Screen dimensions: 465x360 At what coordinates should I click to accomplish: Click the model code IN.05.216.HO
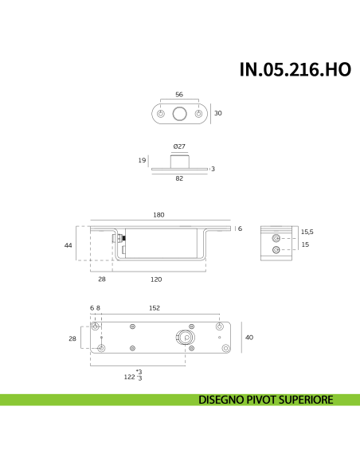point(295,70)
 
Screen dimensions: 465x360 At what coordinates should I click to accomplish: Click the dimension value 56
point(179,93)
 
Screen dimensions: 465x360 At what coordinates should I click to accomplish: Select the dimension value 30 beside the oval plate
point(217,113)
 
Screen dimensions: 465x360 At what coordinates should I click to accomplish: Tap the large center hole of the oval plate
point(179,114)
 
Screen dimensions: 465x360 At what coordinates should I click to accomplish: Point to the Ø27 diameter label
point(179,147)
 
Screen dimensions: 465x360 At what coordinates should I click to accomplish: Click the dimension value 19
point(142,160)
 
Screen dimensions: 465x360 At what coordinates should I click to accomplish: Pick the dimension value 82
point(179,179)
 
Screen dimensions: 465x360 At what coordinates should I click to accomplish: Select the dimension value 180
point(158,214)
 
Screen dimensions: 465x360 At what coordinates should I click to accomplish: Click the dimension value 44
point(68,246)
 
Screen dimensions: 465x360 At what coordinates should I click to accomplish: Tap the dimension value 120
point(156,279)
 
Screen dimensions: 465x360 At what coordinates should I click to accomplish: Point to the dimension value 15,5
point(307,232)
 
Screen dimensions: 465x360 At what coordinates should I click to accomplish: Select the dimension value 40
point(248,338)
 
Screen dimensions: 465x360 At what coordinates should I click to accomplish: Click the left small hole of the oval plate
point(162,114)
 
